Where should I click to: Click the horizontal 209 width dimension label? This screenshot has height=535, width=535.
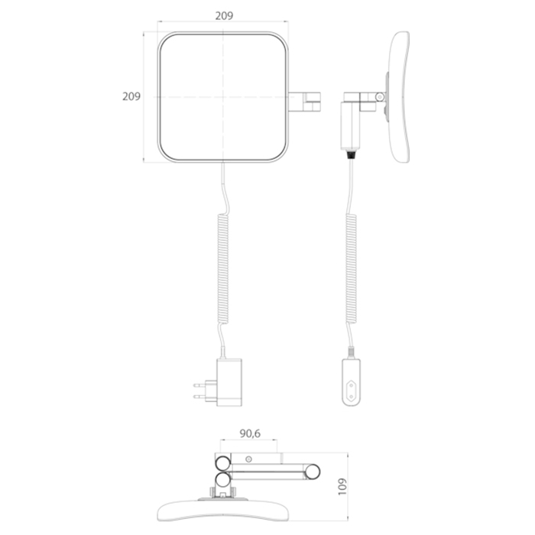click(224, 16)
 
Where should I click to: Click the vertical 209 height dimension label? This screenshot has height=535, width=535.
click(131, 96)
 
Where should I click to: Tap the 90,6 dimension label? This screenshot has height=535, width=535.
click(250, 433)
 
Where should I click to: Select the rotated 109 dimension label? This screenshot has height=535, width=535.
click(342, 486)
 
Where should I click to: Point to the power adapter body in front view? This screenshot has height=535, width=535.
click(229, 382)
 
